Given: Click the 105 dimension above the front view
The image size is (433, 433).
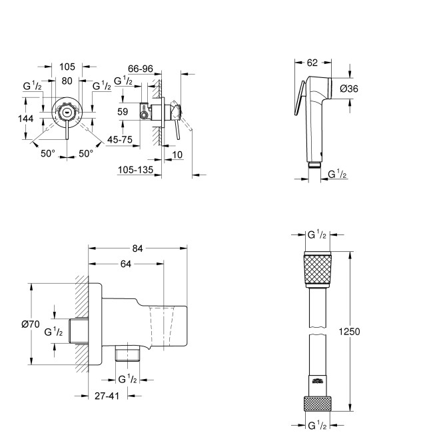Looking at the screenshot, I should coord(67,66).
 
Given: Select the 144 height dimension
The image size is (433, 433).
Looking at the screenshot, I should coord(27,119).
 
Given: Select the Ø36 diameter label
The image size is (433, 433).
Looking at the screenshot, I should coord(350,89).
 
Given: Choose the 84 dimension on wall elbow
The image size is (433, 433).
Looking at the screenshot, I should coord(138,248).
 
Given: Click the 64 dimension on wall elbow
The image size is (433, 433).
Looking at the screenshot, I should coord(126,264).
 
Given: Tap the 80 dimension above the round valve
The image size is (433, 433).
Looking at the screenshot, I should coord(67,81).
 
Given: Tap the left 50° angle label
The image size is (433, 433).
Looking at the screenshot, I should coord(47,153).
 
